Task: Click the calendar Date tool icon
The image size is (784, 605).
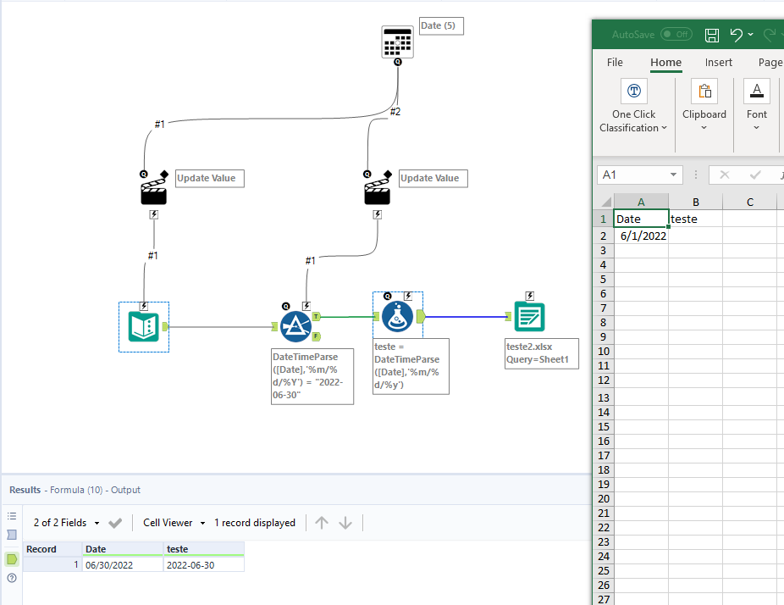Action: tap(398, 41)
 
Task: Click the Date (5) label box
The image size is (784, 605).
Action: tap(440, 26)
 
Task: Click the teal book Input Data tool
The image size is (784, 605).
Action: tap(143, 326)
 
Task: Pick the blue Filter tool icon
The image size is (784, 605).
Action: tap(295, 326)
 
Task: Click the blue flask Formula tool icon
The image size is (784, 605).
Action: tap(397, 317)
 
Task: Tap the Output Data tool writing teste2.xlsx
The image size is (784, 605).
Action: tap(530, 317)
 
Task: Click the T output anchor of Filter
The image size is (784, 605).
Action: tap(317, 316)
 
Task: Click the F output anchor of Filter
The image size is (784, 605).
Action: tap(317, 336)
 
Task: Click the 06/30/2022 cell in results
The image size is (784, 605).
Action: tap(122, 565)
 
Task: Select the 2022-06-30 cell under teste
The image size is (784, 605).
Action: tap(203, 565)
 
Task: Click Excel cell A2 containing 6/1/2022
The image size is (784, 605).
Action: tap(641, 236)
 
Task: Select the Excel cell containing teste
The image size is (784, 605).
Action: tap(694, 219)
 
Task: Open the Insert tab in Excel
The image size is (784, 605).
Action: tap(719, 62)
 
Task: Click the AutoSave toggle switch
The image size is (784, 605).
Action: tap(676, 35)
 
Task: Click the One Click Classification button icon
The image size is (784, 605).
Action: tap(633, 91)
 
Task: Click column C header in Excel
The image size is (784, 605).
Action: tap(749, 202)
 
